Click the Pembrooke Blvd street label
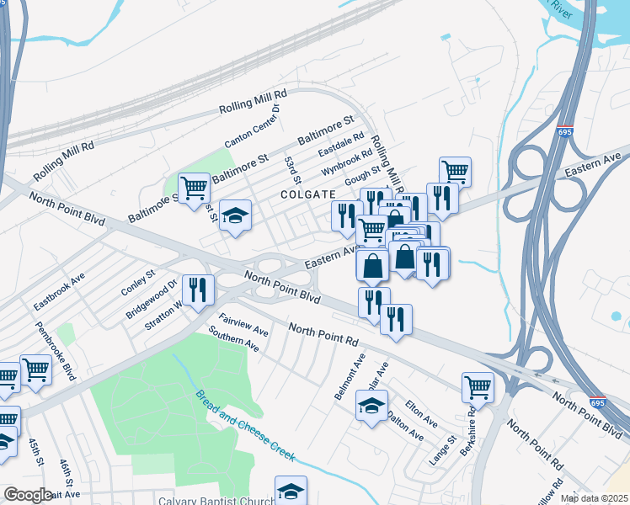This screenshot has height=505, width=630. (55, 350)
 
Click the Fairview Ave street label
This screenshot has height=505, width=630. (243, 326)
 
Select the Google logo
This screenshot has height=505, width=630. (28, 495)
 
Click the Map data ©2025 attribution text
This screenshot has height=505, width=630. (595, 498)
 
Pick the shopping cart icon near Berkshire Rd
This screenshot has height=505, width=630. (478, 388)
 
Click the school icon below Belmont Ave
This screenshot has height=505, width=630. (369, 407)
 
